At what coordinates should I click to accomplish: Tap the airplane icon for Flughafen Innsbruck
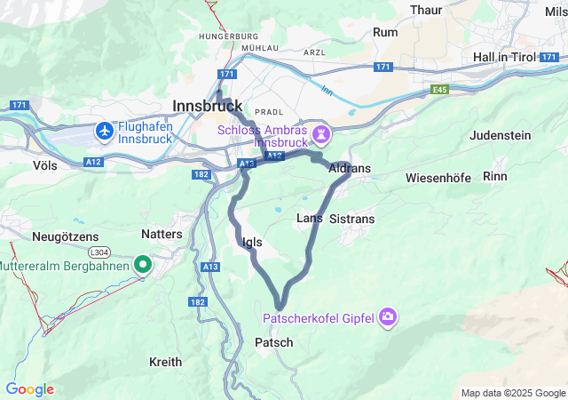pos(106,131)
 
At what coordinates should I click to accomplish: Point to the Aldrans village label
pos(349,168)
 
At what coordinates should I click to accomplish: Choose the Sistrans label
pos(351,219)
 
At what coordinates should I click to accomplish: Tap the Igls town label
pos(251,241)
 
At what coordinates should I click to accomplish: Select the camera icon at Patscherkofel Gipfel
pos(388,316)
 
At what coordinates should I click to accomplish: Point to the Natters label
pos(162,235)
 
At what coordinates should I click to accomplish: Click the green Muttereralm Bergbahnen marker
pos(143,265)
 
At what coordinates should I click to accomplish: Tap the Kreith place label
pos(166,362)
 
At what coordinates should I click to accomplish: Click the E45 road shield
pos(440,89)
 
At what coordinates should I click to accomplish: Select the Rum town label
pos(386,32)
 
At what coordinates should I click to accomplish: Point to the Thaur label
pos(426,10)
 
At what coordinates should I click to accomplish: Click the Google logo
pos(29,389)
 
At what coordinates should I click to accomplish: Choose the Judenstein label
pos(500,135)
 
